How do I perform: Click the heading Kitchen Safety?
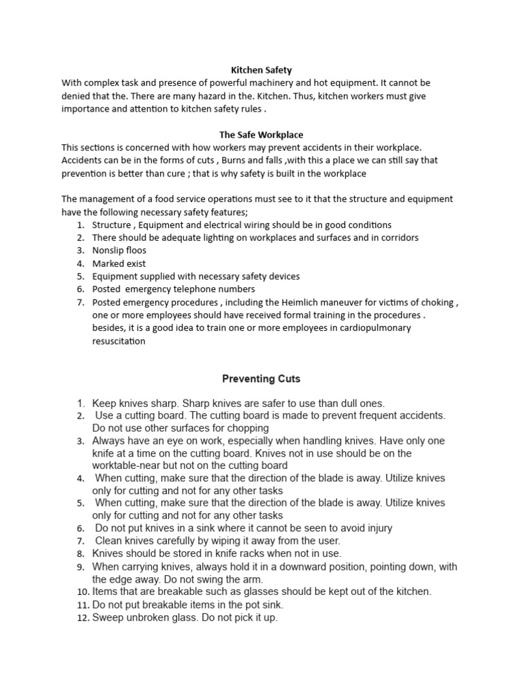[x=261, y=70]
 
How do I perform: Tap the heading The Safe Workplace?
[x=261, y=135]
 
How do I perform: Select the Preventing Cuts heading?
[x=261, y=378]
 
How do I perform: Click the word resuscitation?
[x=119, y=341]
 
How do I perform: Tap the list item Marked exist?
[x=119, y=263]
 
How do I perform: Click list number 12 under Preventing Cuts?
[x=82, y=618]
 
